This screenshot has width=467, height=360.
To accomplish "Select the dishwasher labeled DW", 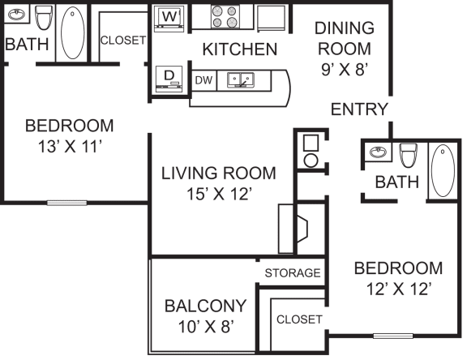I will click(x=203, y=79).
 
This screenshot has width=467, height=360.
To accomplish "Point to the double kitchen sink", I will click(x=241, y=79).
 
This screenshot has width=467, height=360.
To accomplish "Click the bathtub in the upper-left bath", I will click(x=73, y=32).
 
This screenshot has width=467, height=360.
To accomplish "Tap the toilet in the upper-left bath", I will click(x=44, y=17).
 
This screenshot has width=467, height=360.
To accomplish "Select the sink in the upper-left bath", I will click(x=18, y=15).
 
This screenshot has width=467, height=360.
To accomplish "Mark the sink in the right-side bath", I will click(x=377, y=152).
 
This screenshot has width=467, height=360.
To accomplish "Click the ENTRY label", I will click(x=359, y=109).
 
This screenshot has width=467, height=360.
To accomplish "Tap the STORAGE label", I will click(x=293, y=273).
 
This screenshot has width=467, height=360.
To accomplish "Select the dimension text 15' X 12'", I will click(x=218, y=195).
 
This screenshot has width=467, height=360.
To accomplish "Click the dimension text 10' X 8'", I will click(x=205, y=327).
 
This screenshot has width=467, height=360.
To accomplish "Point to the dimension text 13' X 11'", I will click(x=68, y=147).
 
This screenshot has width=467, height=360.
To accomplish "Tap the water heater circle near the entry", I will click(x=309, y=160).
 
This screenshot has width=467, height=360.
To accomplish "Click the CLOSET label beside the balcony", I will click(x=298, y=319).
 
